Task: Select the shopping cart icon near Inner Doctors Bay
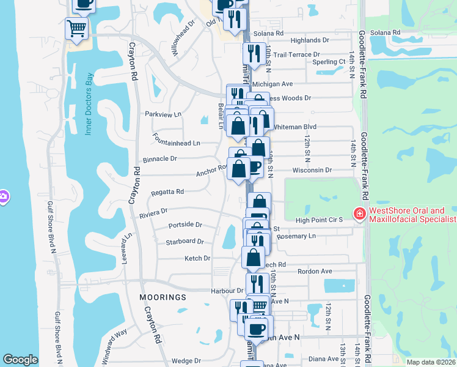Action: point(77,28)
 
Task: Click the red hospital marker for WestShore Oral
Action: point(360,214)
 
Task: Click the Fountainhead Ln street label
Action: point(177,143)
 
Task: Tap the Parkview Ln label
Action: point(163,114)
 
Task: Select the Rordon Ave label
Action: point(314,271)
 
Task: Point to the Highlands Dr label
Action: point(309,40)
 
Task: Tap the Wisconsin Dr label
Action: point(312,170)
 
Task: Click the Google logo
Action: point(20,360)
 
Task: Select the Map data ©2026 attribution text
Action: point(431,362)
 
